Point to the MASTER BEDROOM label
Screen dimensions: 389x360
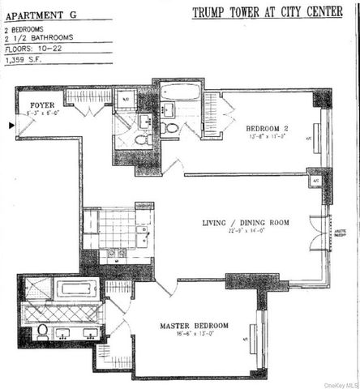(x=194, y=326)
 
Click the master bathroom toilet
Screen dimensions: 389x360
(x=42, y=331)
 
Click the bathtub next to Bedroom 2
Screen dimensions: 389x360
(x=180, y=91)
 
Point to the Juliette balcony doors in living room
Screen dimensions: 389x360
(x=326, y=232)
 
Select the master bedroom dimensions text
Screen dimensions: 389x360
(x=193, y=335)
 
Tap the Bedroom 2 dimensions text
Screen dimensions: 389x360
(x=268, y=137)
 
